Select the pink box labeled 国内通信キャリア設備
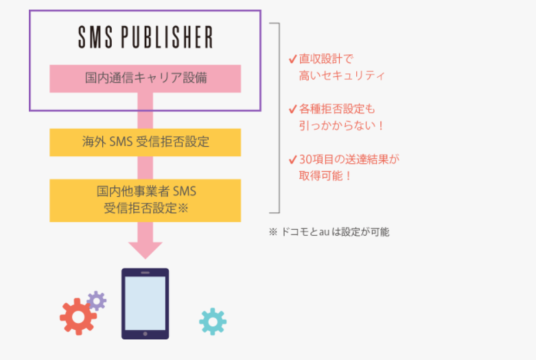pos(145,78)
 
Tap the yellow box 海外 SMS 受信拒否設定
pos(145,142)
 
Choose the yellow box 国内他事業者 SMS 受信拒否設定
pos(145,200)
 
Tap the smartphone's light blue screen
pos(145,301)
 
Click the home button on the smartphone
pos(145,334)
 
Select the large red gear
pos(78,316)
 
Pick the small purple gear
pos(97,300)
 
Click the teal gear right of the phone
pos(213,321)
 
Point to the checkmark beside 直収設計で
pos(293,60)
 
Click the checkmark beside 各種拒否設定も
pos(293,109)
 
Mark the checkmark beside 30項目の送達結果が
pos(293,160)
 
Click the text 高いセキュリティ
pos(342,75)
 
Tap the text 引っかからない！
pos(341,125)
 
